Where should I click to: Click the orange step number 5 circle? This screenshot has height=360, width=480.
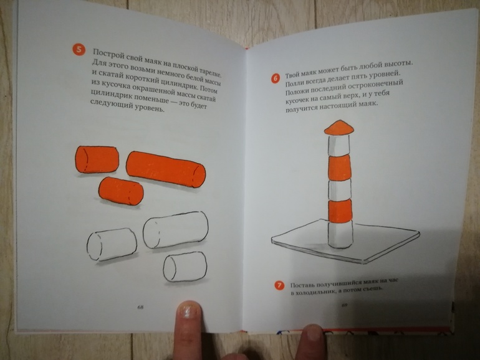click(79, 50)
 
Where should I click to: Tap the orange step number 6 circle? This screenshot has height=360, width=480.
click(275, 78)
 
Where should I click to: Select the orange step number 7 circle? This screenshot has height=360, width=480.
click(279, 286)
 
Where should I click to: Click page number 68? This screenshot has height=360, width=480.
click(140, 307)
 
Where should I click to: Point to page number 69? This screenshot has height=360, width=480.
click(344, 305)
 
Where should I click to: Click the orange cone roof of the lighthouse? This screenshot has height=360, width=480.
click(339, 127)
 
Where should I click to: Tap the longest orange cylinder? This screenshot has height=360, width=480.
click(166, 169)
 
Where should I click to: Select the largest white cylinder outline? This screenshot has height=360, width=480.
click(175, 229)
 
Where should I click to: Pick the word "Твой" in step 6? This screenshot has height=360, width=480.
click(292, 75)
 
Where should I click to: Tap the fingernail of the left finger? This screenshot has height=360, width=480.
click(189, 310)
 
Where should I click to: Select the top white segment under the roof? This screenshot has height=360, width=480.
click(338, 145)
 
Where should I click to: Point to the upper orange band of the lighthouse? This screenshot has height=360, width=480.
click(339, 168)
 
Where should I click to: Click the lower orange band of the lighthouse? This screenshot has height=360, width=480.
click(340, 211)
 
